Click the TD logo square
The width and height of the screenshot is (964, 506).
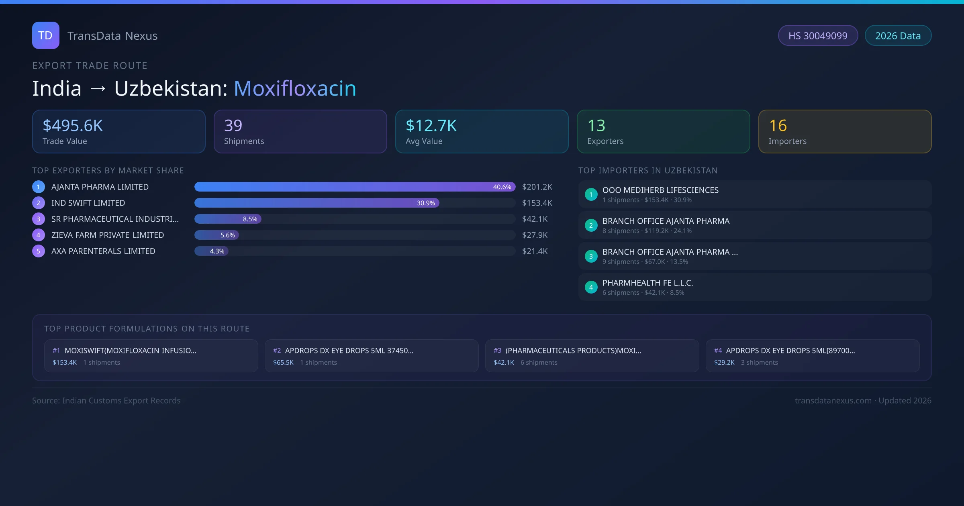click(x=45, y=35)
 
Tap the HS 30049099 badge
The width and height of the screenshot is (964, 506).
click(x=818, y=36)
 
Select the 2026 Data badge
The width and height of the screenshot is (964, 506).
click(x=898, y=36)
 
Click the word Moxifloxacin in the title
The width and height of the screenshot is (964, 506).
click(x=295, y=88)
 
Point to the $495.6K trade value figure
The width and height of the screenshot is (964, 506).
click(x=73, y=126)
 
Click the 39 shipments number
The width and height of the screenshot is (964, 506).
click(x=233, y=126)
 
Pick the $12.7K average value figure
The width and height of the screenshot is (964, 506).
click(x=431, y=126)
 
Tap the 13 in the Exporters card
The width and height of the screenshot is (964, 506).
click(x=596, y=126)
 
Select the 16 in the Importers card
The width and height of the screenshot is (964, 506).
click(x=778, y=126)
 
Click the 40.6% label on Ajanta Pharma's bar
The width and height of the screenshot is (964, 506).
click(x=502, y=187)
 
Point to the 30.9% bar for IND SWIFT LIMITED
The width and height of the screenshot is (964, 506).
click(x=317, y=203)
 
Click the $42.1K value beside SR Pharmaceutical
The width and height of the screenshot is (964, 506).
click(x=535, y=219)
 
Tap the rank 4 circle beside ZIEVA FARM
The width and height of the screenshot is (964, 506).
click(x=39, y=235)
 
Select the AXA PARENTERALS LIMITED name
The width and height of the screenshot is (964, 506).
click(x=103, y=251)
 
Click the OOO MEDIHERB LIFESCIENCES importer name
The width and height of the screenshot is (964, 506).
click(x=660, y=190)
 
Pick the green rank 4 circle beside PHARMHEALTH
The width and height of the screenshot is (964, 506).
click(x=591, y=288)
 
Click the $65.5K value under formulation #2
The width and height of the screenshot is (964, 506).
click(x=283, y=363)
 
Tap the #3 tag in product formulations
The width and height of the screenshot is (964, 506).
click(x=497, y=351)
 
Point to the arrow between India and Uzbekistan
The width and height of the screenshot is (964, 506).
click(x=98, y=89)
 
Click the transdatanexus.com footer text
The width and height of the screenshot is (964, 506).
click(x=833, y=401)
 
